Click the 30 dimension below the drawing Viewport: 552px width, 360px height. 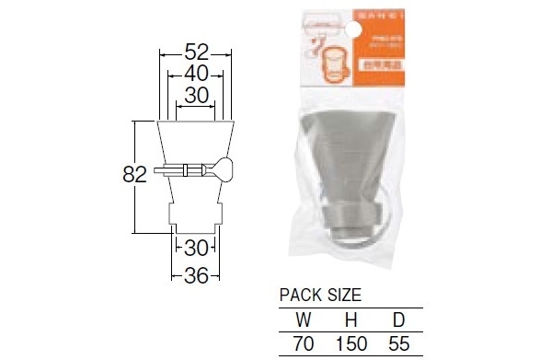click(x=195, y=248)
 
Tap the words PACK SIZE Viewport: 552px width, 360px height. click(x=320, y=296)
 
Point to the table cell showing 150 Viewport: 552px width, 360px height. click(x=351, y=343)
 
